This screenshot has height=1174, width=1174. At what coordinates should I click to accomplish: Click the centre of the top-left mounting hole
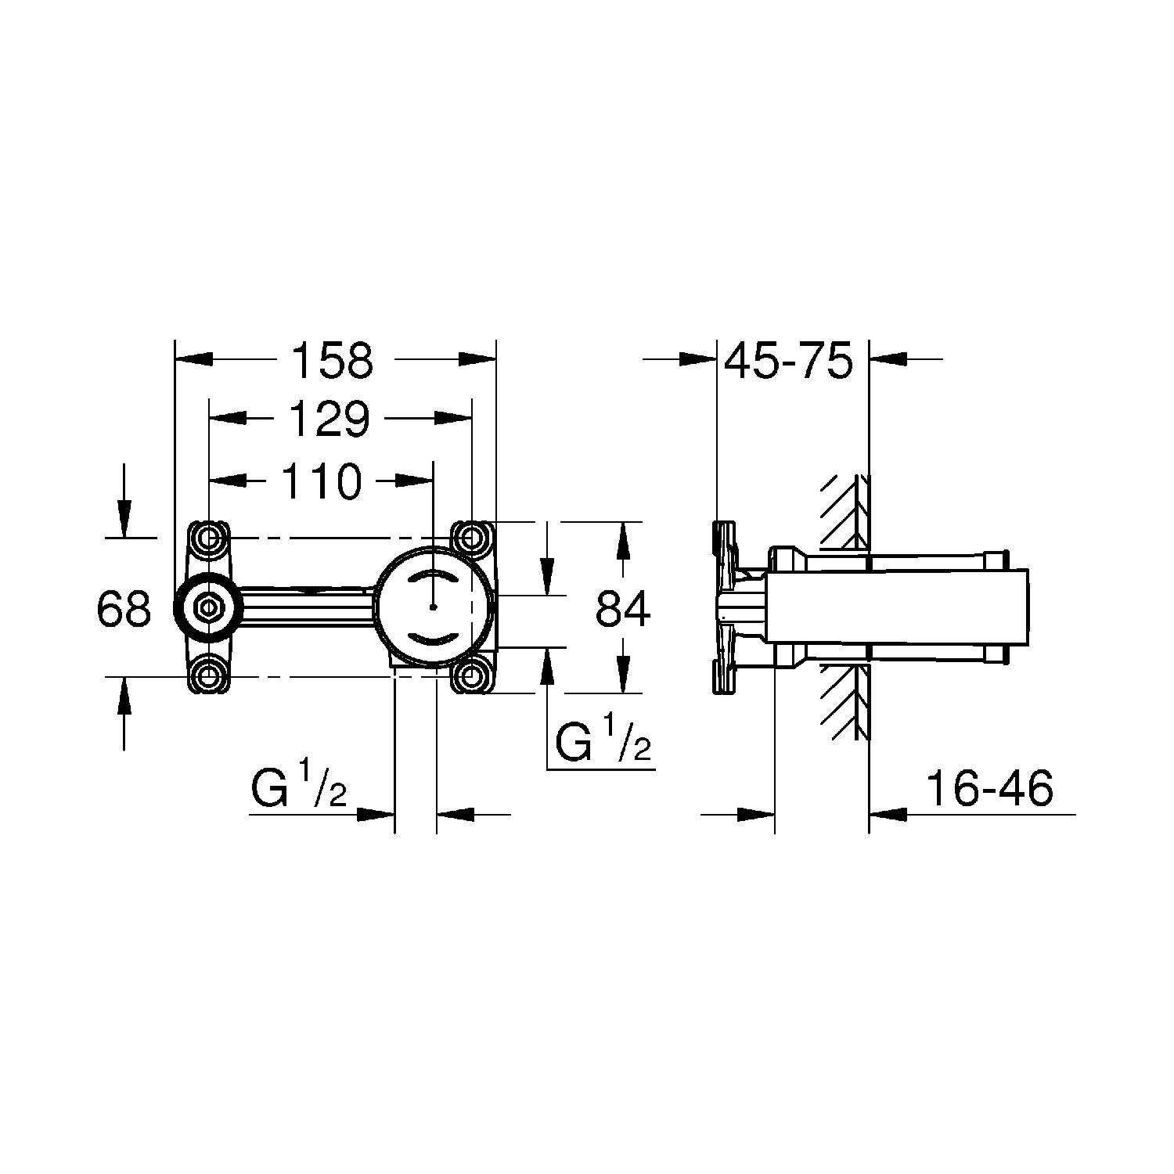pyautogui.click(x=209, y=538)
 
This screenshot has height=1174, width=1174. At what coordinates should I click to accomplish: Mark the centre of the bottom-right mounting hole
pyautogui.click(x=471, y=675)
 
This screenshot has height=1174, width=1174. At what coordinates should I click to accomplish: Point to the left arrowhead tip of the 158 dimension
pyautogui.click(x=175, y=358)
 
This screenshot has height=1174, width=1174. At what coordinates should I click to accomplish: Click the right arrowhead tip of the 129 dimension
pyautogui.click(x=472, y=420)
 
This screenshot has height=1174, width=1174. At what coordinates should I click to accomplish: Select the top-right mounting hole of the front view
pyautogui.click(x=471, y=538)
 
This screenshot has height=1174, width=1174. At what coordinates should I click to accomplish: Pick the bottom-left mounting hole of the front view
pyautogui.click(x=209, y=675)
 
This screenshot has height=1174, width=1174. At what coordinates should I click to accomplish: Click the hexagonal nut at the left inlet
pyautogui.click(x=208, y=607)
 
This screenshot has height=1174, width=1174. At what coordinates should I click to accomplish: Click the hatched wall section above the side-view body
pyautogui.click(x=844, y=513)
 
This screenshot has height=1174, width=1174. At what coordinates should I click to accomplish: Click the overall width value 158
pyautogui.click(x=333, y=361)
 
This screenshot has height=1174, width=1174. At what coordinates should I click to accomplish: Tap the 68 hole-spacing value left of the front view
pyautogui.click(x=124, y=607)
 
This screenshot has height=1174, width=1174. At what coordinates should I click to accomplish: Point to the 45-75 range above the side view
pyautogui.click(x=788, y=361)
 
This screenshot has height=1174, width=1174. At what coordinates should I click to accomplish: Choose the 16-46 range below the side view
pyautogui.click(x=990, y=789)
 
